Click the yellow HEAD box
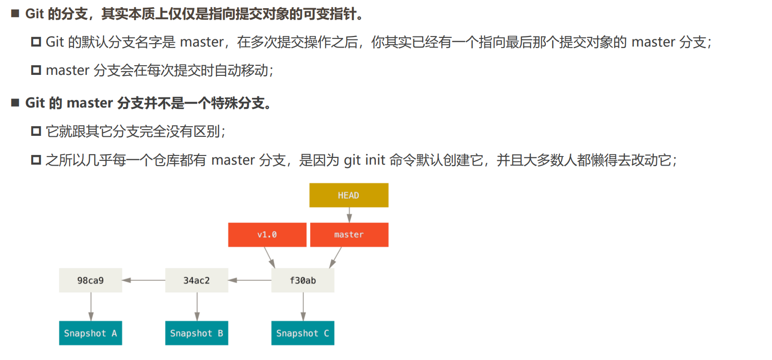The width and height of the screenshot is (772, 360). click(x=349, y=195)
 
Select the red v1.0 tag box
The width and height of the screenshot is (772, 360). click(x=267, y=235)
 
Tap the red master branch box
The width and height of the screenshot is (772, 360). click(x=349, y=235)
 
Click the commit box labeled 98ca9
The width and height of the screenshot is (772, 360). click(x=90, y=280)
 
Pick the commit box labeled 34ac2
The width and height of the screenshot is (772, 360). click(x=196, y=280)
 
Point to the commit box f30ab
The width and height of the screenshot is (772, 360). click(x=302, y=280)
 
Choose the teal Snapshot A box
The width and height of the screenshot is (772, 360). click(x=90, y=333)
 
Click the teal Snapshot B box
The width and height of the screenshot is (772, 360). click(x=196, y=333)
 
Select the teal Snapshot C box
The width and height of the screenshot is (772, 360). click(x=302, y=333)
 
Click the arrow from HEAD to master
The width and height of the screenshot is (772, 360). click(x=349, y=215)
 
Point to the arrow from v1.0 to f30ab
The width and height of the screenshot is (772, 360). click(x=269, y=257)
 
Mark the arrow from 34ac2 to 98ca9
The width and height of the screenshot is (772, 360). click(x=144, y=280)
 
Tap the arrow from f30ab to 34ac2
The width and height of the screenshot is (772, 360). click(x=250, y=280)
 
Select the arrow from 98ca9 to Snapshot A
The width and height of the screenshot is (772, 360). click(x=91, y=307)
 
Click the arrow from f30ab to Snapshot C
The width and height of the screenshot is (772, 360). click(x=303, y=307)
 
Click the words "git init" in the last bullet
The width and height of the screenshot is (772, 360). click(x=364, y=160)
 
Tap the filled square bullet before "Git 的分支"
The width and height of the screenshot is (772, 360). click(x=15, y=13)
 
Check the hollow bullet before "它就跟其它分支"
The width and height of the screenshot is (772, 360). click(x=36, y=131)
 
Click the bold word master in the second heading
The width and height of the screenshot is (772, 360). click(x=90, y=103)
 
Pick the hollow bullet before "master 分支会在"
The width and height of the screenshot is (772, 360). click(x=36, y=70)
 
